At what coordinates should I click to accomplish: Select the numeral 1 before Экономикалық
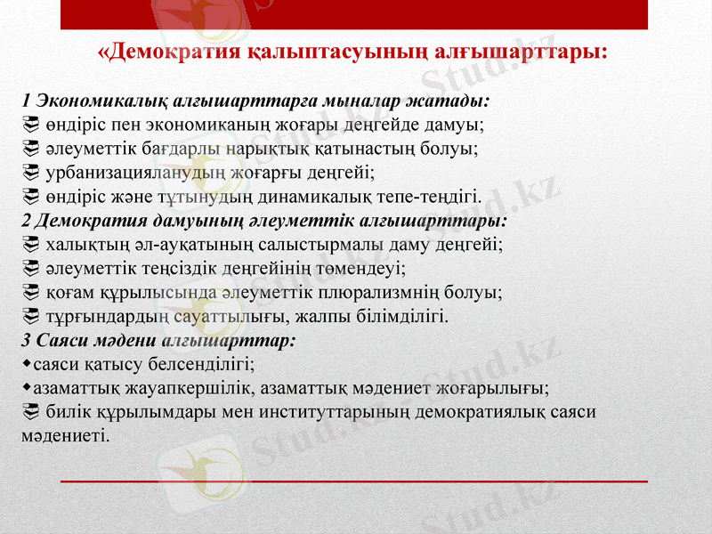tap(26, 101)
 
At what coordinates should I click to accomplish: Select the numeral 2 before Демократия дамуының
tap(26, 219)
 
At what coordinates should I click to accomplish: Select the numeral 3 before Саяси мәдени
tap(26, 339)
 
